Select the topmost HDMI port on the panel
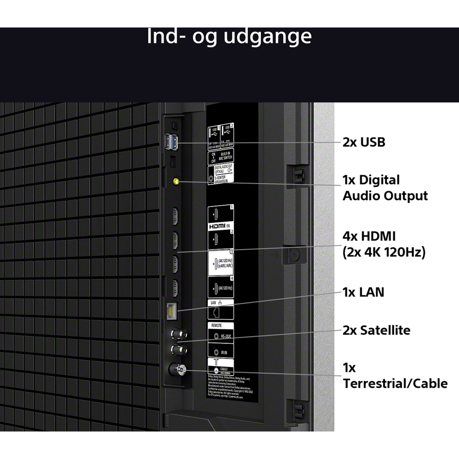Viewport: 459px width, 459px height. coord(175,216)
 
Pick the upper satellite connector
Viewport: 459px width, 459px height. coord(178,334)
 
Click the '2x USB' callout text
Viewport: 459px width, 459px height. coord(364,143)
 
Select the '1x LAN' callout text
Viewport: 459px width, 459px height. coord(363,292)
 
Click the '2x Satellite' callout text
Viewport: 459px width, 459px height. coord(376,330)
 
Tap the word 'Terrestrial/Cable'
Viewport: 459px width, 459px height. coord(395,383)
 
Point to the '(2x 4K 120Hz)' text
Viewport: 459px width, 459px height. coord(384,252)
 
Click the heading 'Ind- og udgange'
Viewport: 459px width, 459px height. coord(229,36)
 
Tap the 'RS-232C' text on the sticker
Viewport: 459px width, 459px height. coord(226,335)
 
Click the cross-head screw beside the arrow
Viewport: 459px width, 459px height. coord(294,255)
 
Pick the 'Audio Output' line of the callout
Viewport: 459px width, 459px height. coord(385,196)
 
